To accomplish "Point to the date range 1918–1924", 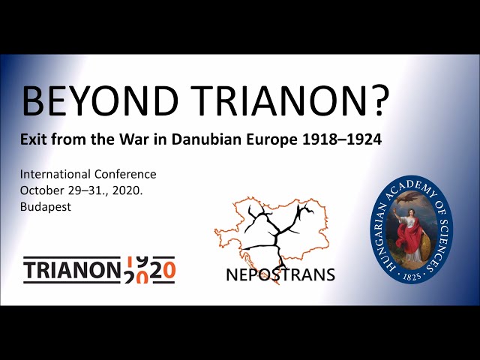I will pyautogui.click(x=335, y=140).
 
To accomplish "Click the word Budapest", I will pyautogui.click(x=46, y=207).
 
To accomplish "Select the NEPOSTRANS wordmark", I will pyautogui.click(x=280, y=274).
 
